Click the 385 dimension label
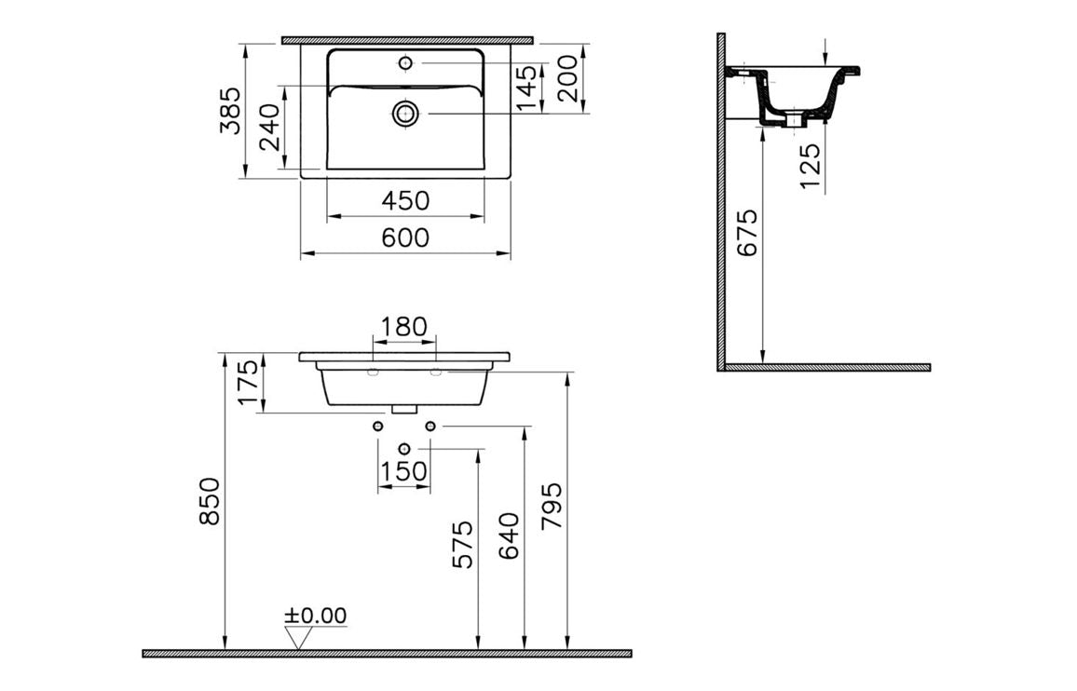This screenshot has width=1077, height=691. coord(230,110)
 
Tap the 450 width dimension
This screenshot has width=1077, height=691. coord(406,200)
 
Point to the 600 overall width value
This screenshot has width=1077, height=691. coord(406,238)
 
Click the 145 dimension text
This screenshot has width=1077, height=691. coord(528,88)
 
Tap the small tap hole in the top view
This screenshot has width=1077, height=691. coord(405,62)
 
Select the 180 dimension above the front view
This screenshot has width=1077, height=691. coord(404,327)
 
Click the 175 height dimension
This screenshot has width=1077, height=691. coord(246,382)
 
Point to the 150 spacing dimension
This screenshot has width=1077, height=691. coord(404,472)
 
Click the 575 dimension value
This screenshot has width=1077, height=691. coord(463,544)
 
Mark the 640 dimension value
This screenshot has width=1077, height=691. coord(509,535)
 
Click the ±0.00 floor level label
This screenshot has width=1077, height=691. coord(315,616)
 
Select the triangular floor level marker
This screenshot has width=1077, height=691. coord(299,638)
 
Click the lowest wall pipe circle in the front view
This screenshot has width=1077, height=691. coord(403,450)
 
